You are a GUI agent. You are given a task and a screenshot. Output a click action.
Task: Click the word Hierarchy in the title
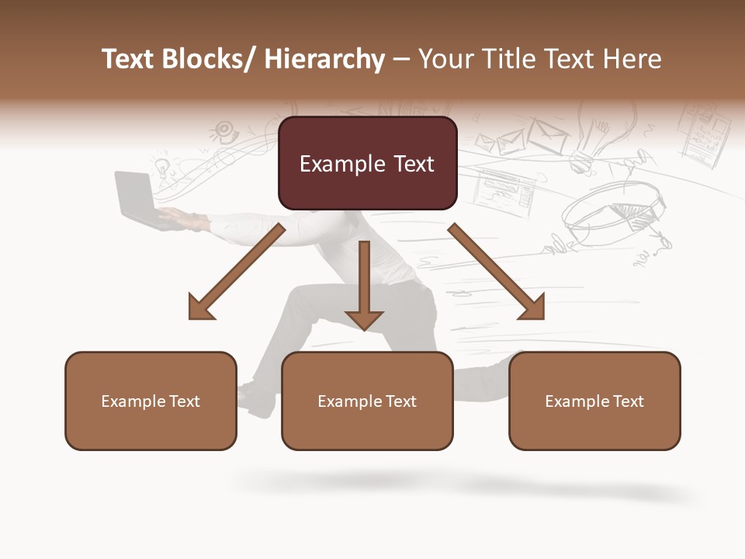tap(324, 59)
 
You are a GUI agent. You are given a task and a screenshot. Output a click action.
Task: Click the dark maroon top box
tap(367, 163)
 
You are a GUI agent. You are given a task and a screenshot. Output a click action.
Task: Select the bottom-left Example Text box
tap(151, 401)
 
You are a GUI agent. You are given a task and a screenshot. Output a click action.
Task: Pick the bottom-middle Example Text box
tap(367, 401)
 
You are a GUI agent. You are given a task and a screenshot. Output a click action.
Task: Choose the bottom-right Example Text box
tap(594, 401)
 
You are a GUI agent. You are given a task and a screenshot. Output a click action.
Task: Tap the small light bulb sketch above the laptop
tap(161, 166)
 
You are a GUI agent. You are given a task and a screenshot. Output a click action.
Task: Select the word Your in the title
tap(447, 59)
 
